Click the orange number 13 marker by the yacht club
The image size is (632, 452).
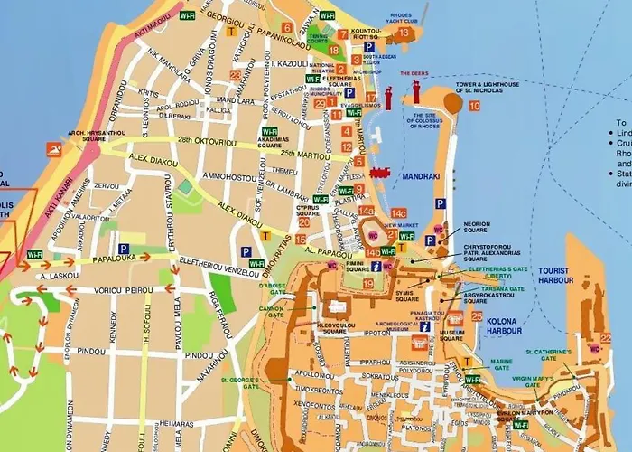[x=404, y=33]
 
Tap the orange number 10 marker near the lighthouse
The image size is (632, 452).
[x=474, y=106]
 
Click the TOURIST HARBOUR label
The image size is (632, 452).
[x=555, y=275]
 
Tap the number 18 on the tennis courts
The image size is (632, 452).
[x=333, y=51]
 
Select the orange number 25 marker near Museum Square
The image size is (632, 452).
[x=477, y=315]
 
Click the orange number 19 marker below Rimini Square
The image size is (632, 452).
[x=367, y=284]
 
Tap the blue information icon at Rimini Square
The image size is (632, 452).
[x=373, y=266]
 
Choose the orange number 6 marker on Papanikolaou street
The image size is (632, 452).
[x=287, y=28]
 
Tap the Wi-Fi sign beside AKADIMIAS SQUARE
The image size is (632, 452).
[x=269, y=131]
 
